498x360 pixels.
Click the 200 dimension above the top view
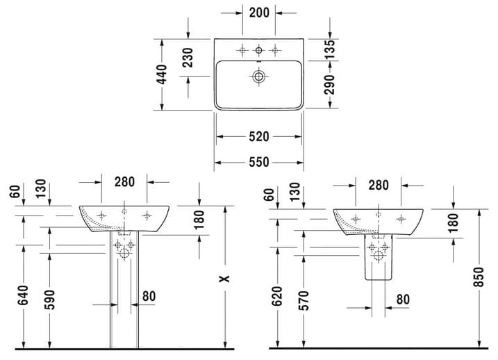point(259,13)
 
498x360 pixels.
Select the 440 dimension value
point(162,74)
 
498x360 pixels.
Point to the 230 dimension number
point(188,58)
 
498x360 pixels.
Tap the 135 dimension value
point(330,49)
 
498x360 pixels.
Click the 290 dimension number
point(330,85)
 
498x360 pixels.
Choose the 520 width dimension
point(259,137)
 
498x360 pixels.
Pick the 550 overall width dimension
point(259,163)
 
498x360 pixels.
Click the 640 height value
point(23,295)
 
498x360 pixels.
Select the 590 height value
point(49,300)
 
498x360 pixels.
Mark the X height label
point(225,279)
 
